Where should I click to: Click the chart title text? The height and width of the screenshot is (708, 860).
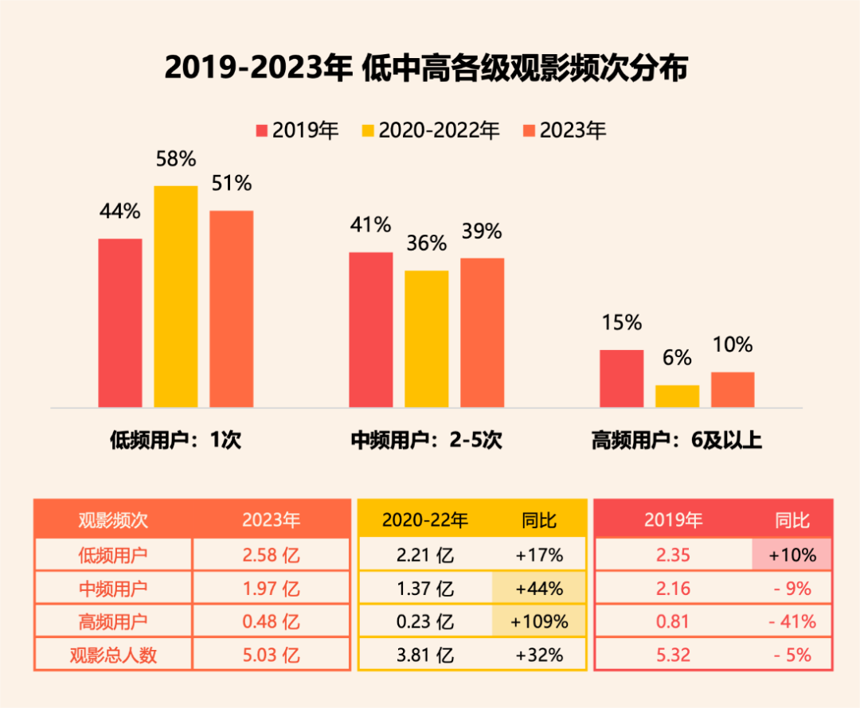(426, 69)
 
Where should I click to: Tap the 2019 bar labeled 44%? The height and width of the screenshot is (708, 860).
(120, 323)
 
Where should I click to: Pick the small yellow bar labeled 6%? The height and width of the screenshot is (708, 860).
(677, 396)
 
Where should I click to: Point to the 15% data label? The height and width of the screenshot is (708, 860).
(621, 323)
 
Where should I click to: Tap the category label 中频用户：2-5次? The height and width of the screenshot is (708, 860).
(427, 440)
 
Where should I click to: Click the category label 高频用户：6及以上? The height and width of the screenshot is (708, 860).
(677, 440)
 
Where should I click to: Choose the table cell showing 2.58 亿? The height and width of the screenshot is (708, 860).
(271, 554)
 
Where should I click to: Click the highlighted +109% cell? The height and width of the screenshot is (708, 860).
(539, 621)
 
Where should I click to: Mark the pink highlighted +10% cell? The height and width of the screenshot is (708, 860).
(792, 554)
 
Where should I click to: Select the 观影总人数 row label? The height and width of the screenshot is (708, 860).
(113, 655)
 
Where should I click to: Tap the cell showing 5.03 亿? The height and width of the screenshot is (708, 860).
(271, 655)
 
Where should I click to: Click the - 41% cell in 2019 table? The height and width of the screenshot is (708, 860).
(792, 621)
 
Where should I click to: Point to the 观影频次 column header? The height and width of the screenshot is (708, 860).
(113, 520)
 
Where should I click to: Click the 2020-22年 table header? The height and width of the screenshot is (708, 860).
(425, 520)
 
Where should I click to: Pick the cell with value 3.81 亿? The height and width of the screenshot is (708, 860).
(425, 655)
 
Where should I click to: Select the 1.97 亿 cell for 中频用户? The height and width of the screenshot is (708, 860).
(271, 589)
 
